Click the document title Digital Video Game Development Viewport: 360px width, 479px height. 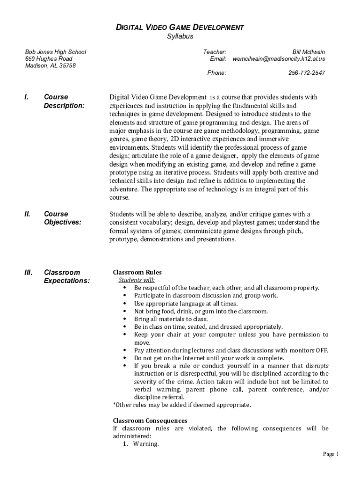180,28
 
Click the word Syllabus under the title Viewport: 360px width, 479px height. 180,36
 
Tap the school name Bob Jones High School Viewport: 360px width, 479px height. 56,52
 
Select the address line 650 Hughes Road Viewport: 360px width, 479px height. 49,59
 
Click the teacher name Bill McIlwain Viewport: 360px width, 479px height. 309,52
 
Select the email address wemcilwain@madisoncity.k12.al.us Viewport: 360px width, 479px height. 279,59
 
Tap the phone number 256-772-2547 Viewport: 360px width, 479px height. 307,73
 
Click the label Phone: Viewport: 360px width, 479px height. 216,73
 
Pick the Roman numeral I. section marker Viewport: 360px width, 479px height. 27,97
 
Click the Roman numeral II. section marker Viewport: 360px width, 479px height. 28,214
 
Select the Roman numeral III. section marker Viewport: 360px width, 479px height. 29,273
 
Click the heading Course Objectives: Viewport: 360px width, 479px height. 62,218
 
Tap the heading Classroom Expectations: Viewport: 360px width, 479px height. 66,277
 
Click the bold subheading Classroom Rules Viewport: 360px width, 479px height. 137,272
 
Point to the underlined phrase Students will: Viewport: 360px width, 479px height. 137,280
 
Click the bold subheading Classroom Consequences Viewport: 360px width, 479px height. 150,421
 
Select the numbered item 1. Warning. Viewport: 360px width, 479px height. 141,444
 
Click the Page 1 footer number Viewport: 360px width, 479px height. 331,454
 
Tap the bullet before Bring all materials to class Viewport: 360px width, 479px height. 125,319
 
